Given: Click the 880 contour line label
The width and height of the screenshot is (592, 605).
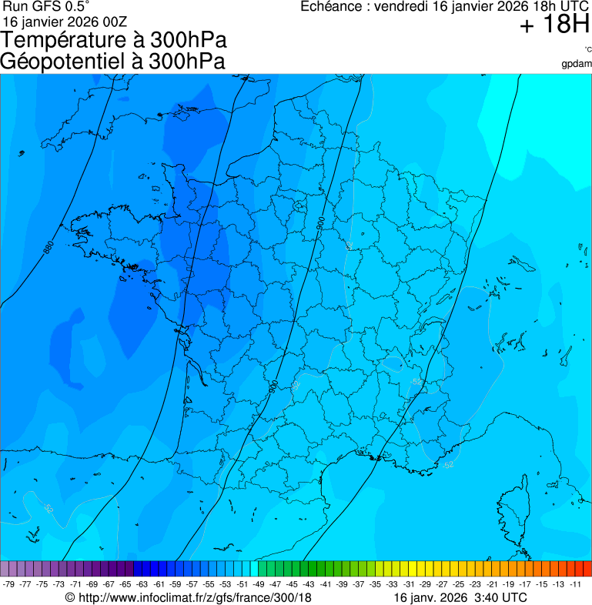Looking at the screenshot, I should (x=49, y=248).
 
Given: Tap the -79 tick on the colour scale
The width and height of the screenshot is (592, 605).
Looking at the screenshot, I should (x=8, y=584).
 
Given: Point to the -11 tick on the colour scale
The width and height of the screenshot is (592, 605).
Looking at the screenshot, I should (x=575, y=584).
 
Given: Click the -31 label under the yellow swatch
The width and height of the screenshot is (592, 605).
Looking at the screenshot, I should (x=409, y=584).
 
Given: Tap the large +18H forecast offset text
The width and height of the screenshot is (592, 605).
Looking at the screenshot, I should (x=554, y=25).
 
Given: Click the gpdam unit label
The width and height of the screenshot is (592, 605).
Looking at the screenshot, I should (x=577, y=63).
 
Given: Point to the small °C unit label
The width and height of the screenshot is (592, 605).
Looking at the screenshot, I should (x=587, y=49).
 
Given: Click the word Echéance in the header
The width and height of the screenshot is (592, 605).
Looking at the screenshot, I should (x=331, y=6).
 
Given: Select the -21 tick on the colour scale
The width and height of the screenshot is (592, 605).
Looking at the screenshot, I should (x=492, y=584).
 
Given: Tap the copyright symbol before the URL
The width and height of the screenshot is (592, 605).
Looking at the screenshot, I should (x=70, y=598).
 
